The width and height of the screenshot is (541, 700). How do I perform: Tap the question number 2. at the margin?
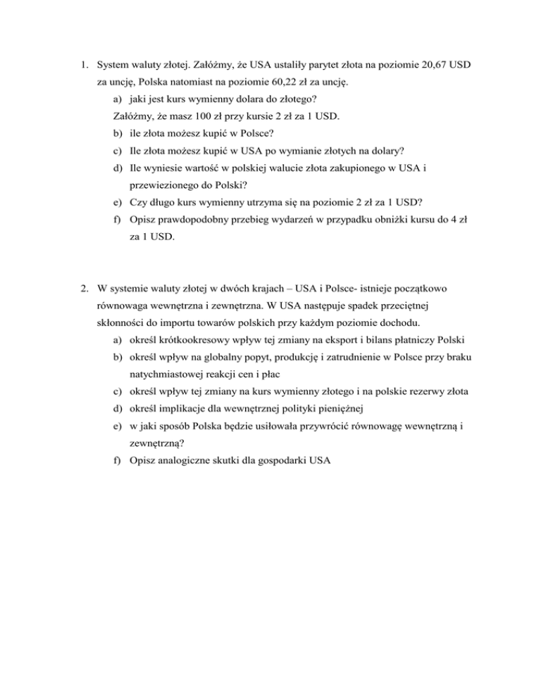tap(85, 287)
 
